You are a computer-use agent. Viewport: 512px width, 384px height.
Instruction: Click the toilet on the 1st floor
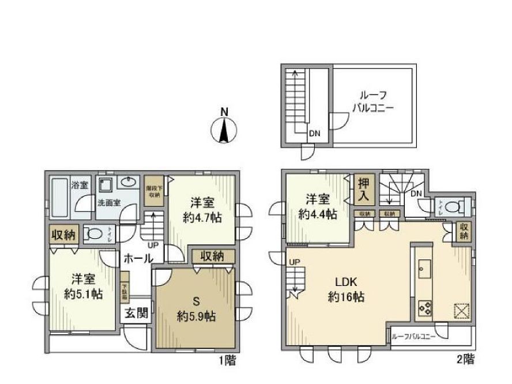(93, 234)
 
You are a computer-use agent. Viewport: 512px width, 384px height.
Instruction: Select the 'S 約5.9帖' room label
(195, 309)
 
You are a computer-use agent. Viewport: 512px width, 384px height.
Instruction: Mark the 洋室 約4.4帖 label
(318, 207)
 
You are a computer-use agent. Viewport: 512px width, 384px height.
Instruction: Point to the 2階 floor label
(466, 360)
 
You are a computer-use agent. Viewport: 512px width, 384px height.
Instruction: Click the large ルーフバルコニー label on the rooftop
(374, 103)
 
